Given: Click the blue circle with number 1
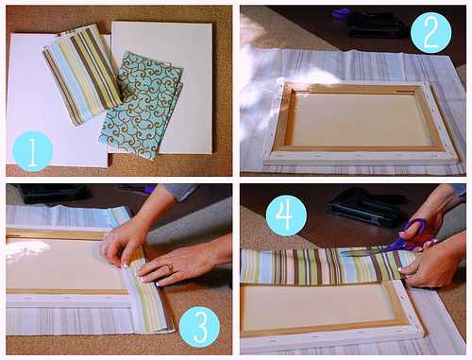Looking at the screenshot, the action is point(32,151).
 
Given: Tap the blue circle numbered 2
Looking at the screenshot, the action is point(430,32).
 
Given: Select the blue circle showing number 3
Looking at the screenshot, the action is point(199,327).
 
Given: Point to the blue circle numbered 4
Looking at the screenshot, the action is point(286,215).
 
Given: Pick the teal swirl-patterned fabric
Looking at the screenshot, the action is point(141,105).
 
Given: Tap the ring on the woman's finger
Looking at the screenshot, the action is point(170,268).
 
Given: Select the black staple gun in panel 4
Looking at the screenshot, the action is point(362,207).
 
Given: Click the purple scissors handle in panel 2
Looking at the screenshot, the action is point(341,12).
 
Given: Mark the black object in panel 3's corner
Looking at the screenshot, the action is point(54,194).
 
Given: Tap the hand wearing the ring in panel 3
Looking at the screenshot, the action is point(179,267).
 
